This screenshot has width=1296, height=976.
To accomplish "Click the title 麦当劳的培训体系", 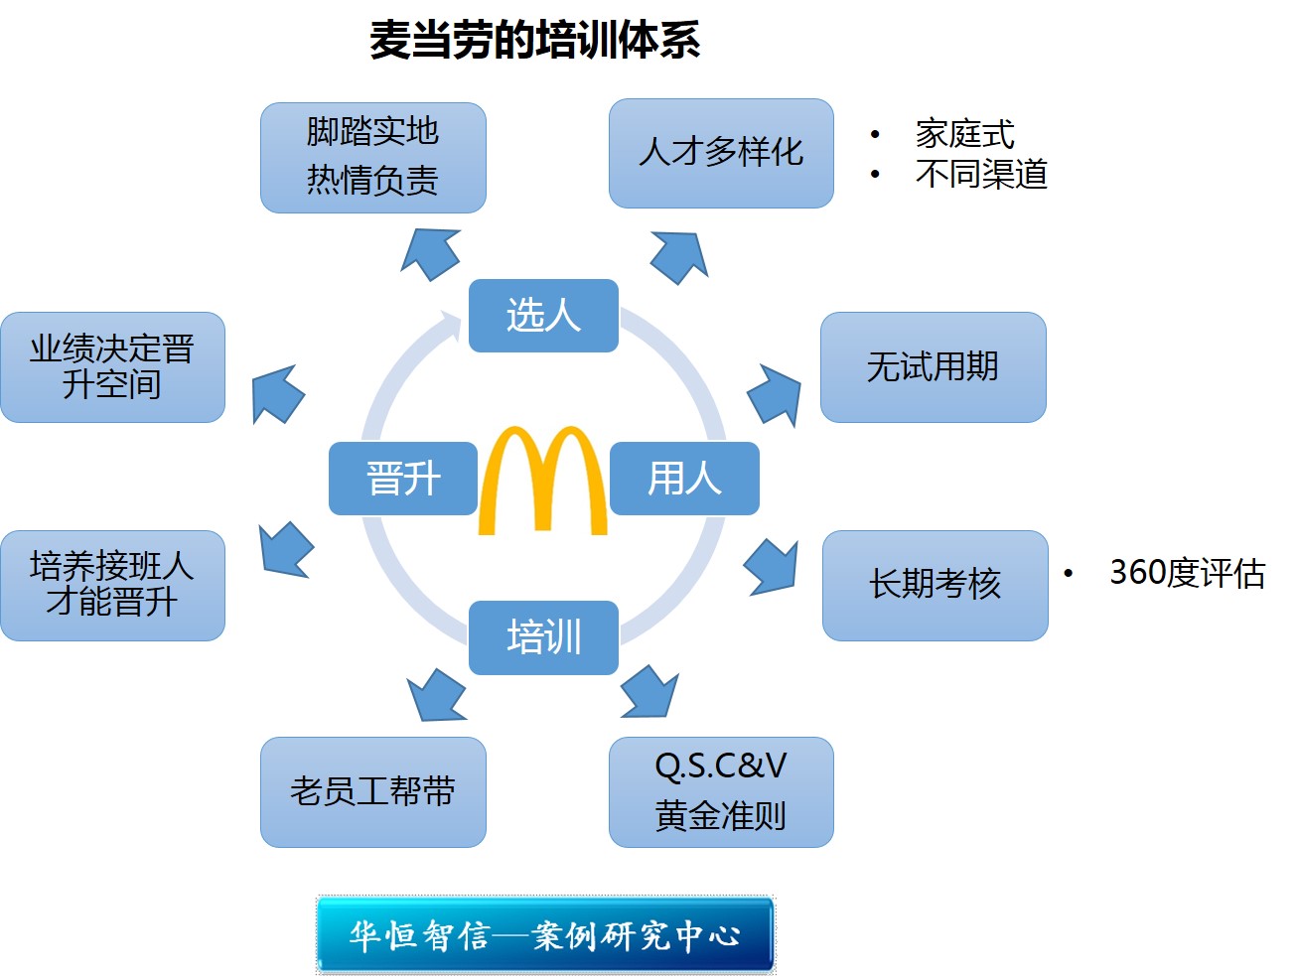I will [x=534, y=41].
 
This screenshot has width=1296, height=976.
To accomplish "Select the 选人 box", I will [x=543, y=316].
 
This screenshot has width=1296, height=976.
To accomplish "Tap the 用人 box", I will [x=684, y=479].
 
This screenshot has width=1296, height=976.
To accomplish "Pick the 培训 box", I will [x=543, y=637].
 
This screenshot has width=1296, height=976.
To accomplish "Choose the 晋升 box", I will [x=403, y=479].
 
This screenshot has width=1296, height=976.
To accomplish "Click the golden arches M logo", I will [x=542, y=482].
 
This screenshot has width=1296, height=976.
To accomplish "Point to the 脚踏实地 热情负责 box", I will [x=372, y=157].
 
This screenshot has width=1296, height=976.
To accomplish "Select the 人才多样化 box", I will [x=721, y=153].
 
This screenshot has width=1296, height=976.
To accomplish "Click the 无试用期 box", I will [x=933, y=367].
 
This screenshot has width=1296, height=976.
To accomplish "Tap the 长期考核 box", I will [x=935, y=585].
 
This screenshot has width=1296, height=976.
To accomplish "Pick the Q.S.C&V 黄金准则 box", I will [x=721, y=791].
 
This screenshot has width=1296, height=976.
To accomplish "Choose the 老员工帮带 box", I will [x=372, y=791].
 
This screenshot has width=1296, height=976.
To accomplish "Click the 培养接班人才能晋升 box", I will [x=112, y=585].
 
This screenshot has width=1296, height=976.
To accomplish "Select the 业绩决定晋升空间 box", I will [x=112, y=367].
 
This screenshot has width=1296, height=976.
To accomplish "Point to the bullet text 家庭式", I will [x=964, y=134].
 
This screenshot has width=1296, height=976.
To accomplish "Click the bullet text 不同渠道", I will [x=981, y=175].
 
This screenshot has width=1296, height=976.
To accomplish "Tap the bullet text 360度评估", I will [x=1187, y=573].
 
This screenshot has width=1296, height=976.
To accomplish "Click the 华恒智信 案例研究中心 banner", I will [x=545, y=934].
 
